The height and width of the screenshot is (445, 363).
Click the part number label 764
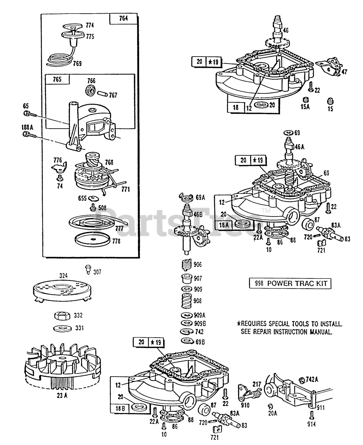[123, 18]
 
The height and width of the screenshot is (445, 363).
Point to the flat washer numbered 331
[63, 328]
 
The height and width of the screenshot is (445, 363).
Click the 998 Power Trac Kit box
[290, 283]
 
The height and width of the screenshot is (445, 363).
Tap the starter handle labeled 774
[73, 27]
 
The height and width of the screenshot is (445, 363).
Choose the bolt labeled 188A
[29, 135]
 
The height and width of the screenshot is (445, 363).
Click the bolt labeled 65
[30, 114]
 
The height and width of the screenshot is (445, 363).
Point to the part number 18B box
[120, 408]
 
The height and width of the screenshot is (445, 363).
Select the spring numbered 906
[187, 265]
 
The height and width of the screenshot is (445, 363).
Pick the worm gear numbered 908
[186, 300]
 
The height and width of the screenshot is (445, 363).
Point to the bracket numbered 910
[243, 393]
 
